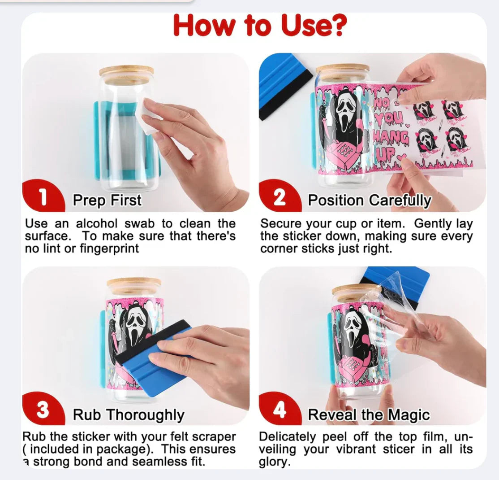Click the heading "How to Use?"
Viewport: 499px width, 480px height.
point(260,26)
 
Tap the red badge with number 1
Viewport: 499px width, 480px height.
point(43,197)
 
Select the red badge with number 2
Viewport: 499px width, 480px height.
point(279,197)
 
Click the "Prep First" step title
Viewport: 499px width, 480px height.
point(107,200)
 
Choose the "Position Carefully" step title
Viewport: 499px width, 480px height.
point(370,201)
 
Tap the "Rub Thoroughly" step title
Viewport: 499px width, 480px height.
point(129,415)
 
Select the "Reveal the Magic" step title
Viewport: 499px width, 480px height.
point(369,415)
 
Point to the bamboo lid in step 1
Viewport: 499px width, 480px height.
point(126,74)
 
